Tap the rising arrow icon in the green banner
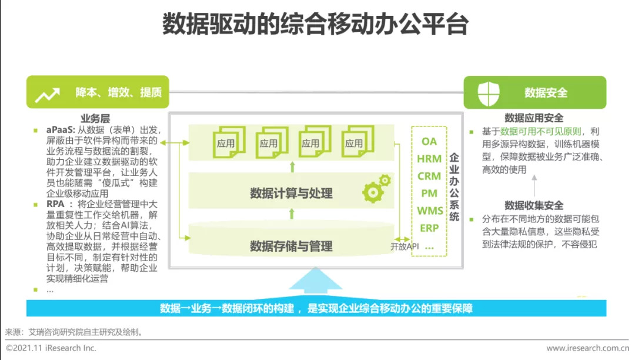click(x=47, y=94)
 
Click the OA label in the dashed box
click(x=429, y=141)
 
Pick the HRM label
click(x=429, y=159)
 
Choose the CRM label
click(x=429, y=176)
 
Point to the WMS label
click(x=429, y=211)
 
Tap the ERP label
click(x=429, y=228)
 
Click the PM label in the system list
click(x=429, y=193)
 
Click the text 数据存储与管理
click(x=291, y=246)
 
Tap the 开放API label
click(x=405, y=246)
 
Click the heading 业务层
click(x=95, y=119)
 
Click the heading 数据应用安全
click(x=534, y=118)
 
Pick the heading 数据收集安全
click(x=534, y=205)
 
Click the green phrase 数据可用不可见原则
click(x=538, y=131)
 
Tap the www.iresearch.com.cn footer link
click(x=587, y=348)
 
